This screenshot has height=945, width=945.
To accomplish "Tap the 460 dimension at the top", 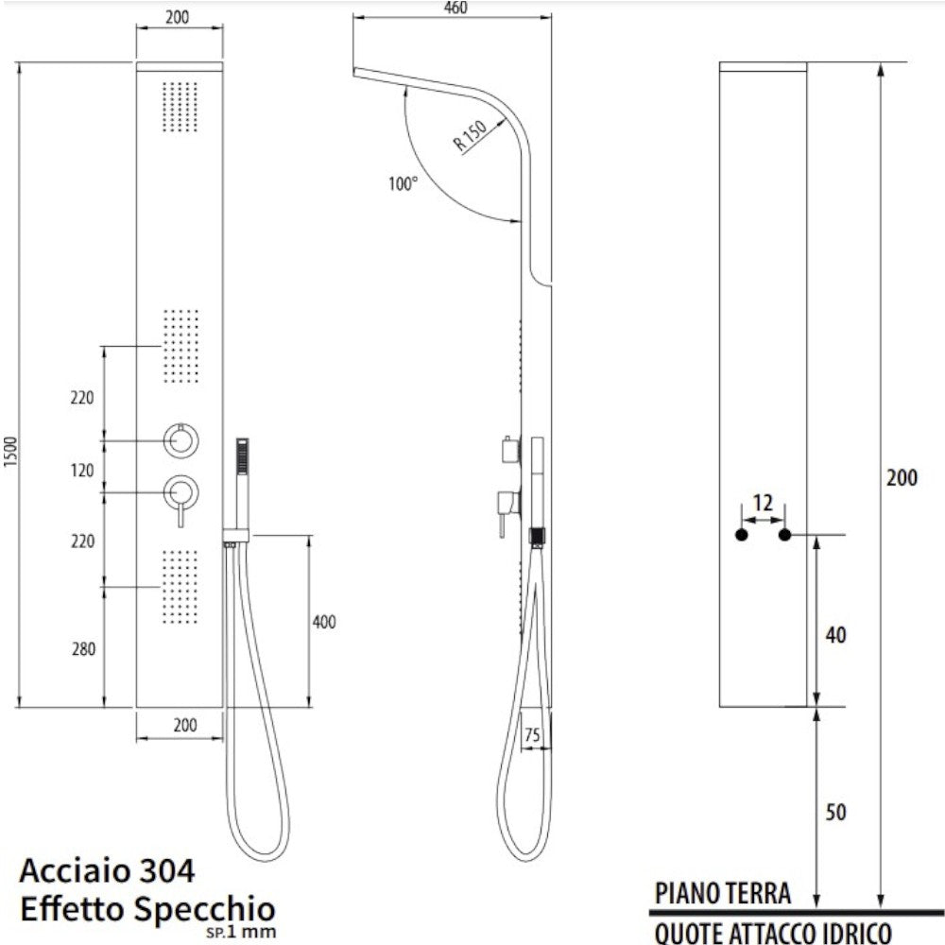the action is [x=455, y=8].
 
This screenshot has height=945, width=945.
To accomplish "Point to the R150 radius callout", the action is [x=470, y=135].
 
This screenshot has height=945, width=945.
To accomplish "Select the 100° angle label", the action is [x=404, y=182].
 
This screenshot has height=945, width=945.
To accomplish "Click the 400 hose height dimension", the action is [x=324, y=622].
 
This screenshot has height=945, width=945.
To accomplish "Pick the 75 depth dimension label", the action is [x=532, y=734].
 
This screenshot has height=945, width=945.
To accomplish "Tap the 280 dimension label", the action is [x=83, y=649].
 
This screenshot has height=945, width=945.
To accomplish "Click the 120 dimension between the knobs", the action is [x=82, y=470].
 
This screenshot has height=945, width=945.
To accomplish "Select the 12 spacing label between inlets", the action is [x=763, y=503].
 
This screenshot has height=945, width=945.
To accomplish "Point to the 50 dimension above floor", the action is [x=836, y=813].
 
